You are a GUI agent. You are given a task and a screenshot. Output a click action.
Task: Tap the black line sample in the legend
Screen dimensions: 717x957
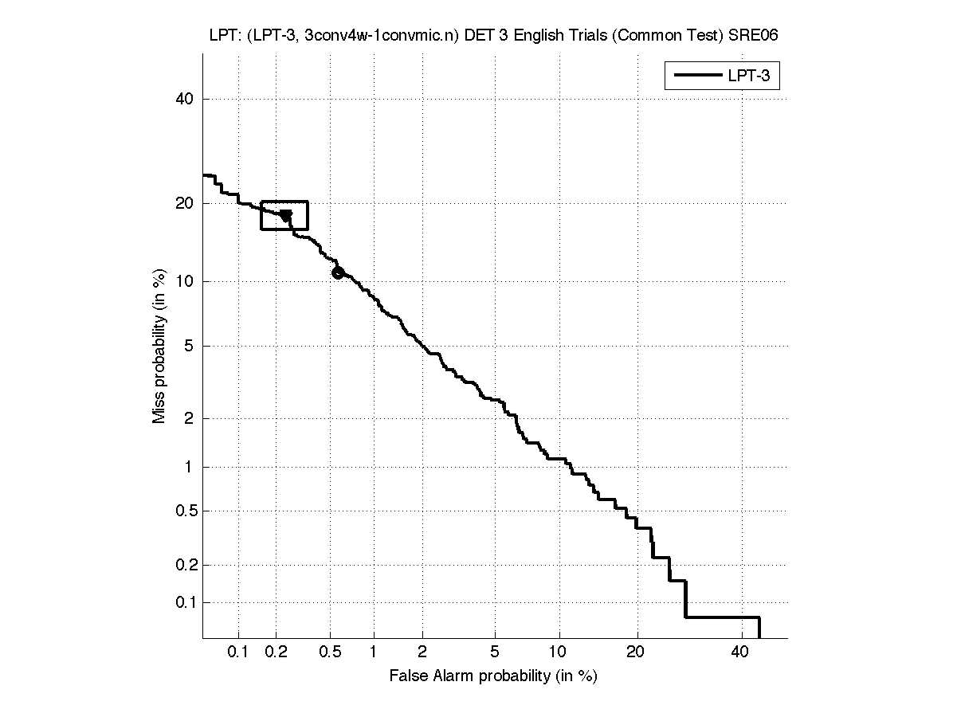[696, 76]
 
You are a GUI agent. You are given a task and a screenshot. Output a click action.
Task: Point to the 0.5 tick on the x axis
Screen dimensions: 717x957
[330, 652]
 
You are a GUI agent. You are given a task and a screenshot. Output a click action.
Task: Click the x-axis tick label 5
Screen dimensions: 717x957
[495, 652]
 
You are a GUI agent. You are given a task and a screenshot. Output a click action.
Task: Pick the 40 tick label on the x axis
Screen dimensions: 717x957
[740, 652]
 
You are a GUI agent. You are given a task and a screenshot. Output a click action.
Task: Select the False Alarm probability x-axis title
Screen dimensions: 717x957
[493, 676]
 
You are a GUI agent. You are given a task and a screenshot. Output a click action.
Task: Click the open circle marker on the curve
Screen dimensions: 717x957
[338, 272]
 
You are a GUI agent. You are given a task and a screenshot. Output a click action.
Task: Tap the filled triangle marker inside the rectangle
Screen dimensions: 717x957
[286, 215]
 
